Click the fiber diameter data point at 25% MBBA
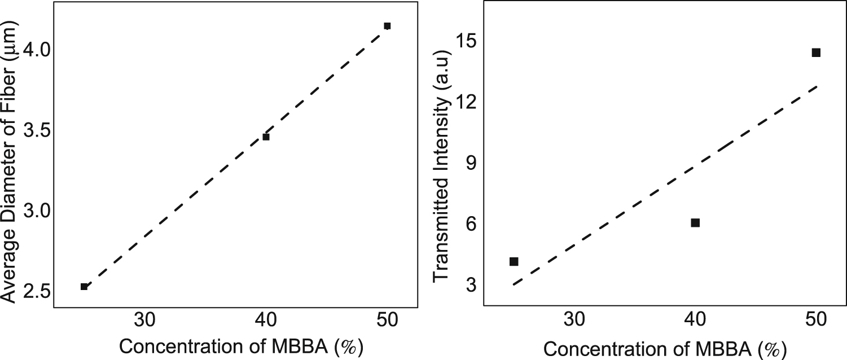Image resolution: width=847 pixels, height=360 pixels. (84, 287)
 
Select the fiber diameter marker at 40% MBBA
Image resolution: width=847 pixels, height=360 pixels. (266, 137)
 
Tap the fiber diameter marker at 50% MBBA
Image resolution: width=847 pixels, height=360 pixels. (387, 26)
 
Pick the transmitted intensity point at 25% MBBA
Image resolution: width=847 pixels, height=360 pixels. (514, 261)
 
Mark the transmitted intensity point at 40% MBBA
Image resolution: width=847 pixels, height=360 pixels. (695, 223)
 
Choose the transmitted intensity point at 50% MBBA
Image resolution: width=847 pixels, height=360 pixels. (816, 52)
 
